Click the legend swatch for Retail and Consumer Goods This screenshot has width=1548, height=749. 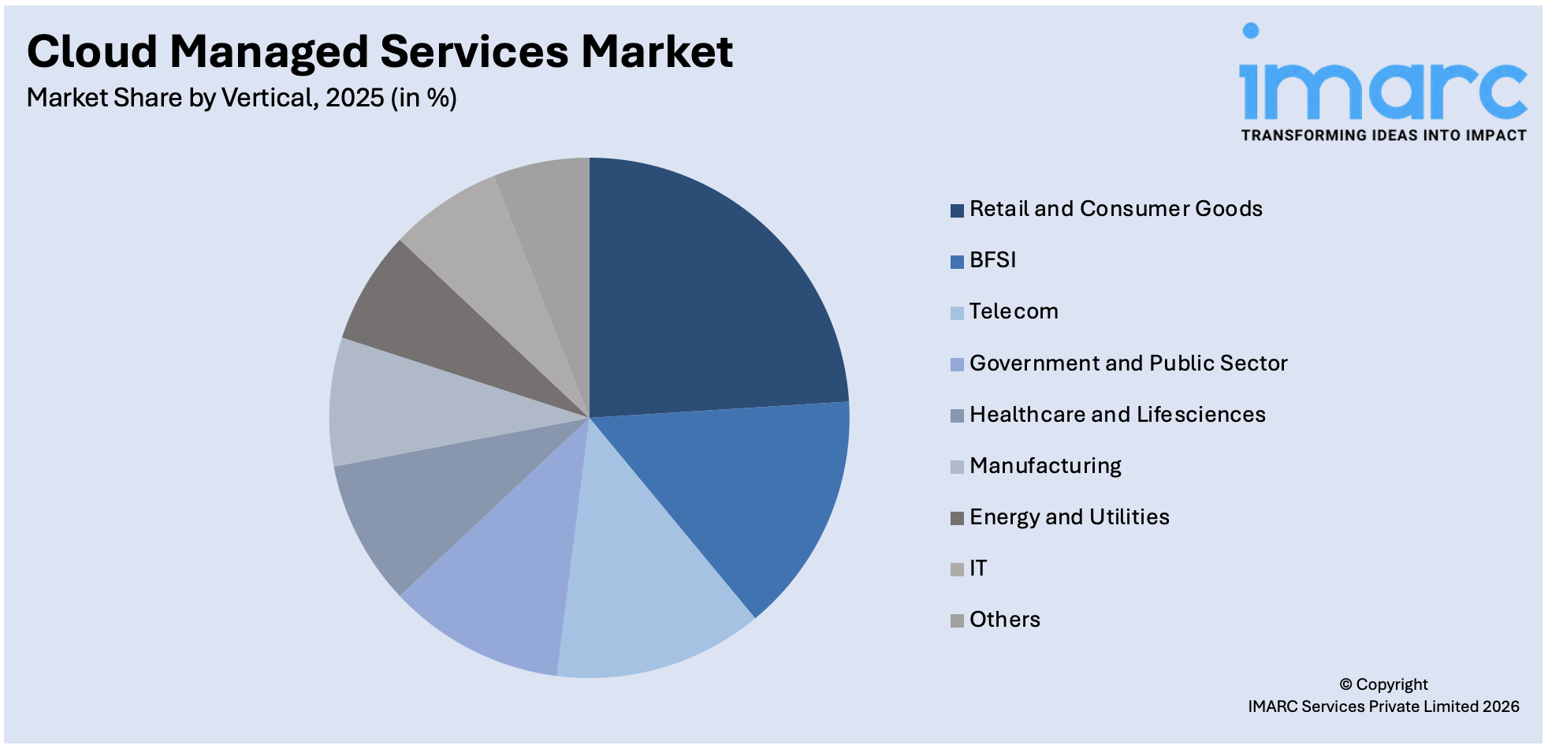pyautogui.click(x=957, y=211)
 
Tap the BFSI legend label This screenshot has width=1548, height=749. pyautogui.click(x=992, y=260)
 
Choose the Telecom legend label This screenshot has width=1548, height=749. pyautogui.click(x=1014, y=311)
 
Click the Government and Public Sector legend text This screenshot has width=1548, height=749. pyautogui.click(x=1128, y=363)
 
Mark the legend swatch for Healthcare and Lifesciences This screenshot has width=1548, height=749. pyautogui.click(x=957, y=415)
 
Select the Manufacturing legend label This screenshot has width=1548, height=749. pyautogui.click(x=1045, y=466)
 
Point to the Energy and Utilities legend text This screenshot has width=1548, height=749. pyautogui.click(x=1069, y=517)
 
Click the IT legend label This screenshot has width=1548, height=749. pyautogui.click(x=978, y=568)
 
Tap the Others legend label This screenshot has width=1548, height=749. pyautogui.click(x=1004, y=620)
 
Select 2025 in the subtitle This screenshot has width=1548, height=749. pyautogui.click(x=355, y=98)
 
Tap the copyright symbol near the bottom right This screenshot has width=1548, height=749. pyautogui.click(x=1345, y=684)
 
